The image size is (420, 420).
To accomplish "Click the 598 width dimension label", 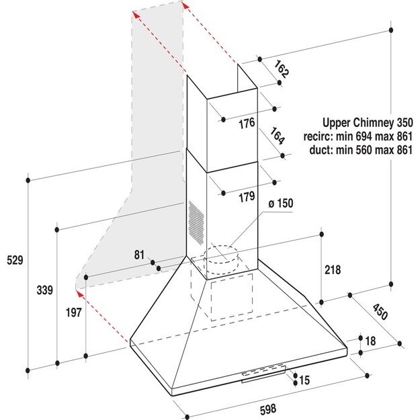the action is pos(267,409).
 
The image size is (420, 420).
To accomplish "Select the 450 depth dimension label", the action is pos(380,312).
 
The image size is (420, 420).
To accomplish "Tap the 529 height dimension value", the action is pos(15,260).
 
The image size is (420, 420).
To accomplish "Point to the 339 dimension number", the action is pos(45,290).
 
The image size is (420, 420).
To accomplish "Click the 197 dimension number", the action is pos(74,312).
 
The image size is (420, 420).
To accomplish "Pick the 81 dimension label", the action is pos(139,255).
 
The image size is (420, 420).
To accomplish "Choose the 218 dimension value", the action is pos(333,269).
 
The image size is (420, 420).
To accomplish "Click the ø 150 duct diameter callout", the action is pos(281,204).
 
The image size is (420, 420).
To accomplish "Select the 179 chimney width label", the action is pos(247,197).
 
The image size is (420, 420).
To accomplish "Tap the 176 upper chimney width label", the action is pos(247,124).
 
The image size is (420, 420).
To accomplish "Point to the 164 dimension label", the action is pos(277,136).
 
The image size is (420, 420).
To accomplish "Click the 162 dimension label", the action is pos(282,70).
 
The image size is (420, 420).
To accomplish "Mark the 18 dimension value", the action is pos(370,341).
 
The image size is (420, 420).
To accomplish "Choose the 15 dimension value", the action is pos(304,380).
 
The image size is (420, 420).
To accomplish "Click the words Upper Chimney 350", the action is pos(368,123).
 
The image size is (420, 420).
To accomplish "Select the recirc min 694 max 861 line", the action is pos(358,136).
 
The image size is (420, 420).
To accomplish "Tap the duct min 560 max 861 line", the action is pos(361,150).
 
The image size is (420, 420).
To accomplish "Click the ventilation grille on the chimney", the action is pos(196,223).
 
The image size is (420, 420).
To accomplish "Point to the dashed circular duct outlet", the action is pos(221,259).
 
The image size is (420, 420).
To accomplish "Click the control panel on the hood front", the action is pos(264,373).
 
